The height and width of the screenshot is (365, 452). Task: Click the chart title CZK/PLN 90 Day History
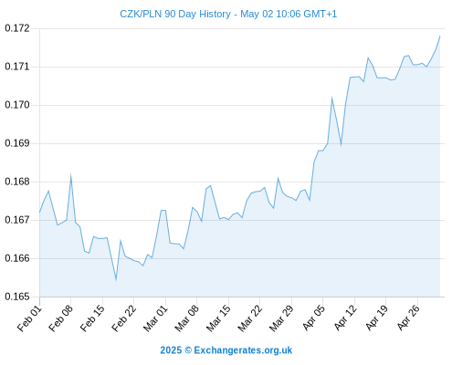pos(175,14)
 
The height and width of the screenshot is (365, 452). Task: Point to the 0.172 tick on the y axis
pos(17,28)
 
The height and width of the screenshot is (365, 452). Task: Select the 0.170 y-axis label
pos(17,105)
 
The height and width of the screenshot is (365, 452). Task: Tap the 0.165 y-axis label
pos(17,297)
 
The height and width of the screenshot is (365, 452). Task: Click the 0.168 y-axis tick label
pos(17,182)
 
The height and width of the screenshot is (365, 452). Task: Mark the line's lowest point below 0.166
pos(116,279)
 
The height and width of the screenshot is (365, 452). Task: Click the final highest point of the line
pos(440,36)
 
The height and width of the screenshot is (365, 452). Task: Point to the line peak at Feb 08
pos(70,175)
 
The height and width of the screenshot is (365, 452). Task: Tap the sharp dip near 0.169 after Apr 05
pos(342,145)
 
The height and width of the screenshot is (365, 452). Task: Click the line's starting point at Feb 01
pos(39,212)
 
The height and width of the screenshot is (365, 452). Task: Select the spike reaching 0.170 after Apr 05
pos(332,98)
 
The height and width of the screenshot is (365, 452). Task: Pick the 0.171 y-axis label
pos(17,67)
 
